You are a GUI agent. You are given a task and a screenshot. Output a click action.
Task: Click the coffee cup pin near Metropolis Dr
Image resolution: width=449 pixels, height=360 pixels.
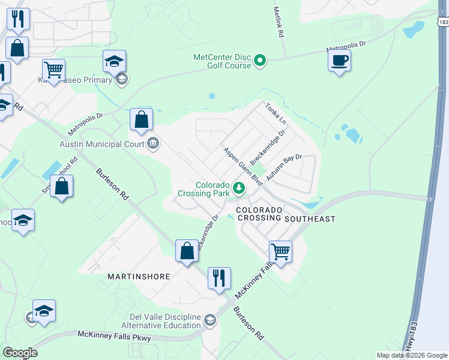click(340, 61)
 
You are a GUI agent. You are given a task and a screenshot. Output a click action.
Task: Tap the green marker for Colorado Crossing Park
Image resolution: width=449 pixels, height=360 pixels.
click(239, 188)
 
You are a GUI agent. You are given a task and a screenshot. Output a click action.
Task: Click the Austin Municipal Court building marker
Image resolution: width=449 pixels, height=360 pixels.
click(153, 143)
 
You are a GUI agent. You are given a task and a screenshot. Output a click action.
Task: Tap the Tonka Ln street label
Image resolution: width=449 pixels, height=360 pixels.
click(275, 113)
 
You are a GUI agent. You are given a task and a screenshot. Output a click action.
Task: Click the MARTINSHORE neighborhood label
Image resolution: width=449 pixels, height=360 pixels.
click(138, 277)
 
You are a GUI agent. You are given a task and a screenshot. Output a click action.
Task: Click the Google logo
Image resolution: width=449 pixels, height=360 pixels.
click(20, 353)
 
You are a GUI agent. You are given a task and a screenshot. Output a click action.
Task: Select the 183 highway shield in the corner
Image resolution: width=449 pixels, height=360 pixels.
click(443, 22)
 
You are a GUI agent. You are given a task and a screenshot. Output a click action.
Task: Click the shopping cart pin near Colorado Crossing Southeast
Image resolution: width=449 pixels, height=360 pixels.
click(280, 251)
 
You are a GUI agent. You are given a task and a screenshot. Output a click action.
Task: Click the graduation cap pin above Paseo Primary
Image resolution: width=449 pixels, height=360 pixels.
click(114, 61)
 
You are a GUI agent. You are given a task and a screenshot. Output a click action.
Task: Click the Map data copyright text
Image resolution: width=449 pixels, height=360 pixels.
click(411, 355)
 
